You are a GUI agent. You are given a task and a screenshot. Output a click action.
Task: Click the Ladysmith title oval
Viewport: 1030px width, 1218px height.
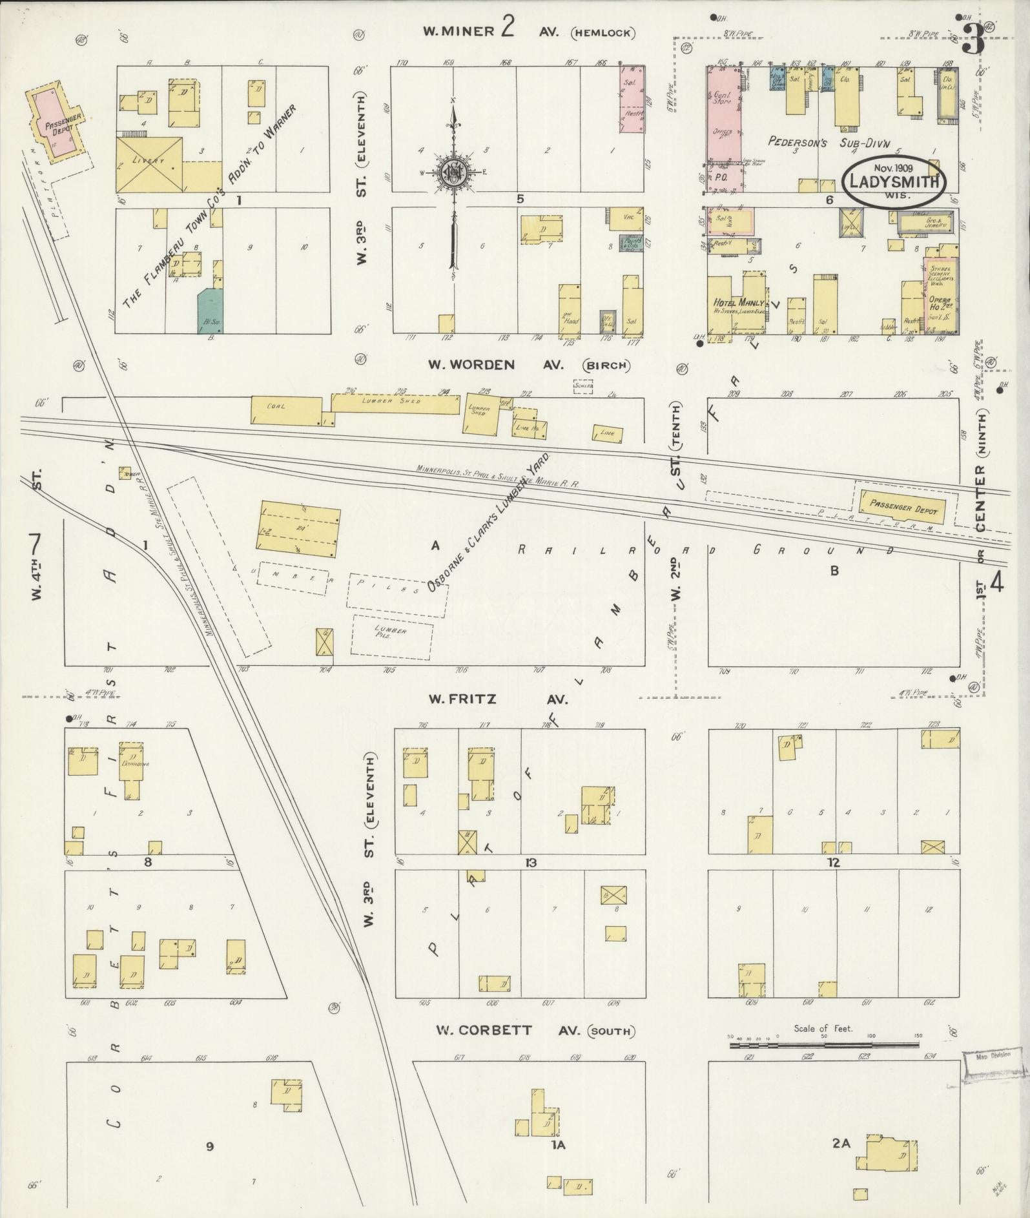[894, 183]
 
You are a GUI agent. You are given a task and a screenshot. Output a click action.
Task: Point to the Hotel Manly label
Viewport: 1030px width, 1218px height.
[739, 302]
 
